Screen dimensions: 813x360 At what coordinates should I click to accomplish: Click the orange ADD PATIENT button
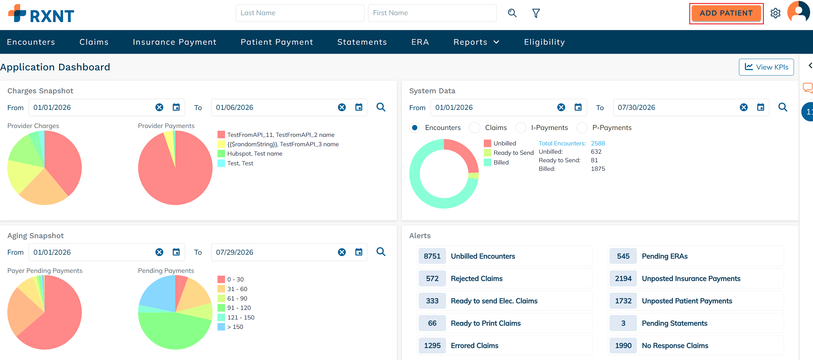click(x=726, y=13)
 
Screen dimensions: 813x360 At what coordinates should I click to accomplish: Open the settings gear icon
click(x=776, y=13)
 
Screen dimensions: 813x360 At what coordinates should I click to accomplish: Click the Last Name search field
click(x=300, y=13)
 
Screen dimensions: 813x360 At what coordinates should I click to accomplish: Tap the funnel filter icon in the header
click(x=536, y=13)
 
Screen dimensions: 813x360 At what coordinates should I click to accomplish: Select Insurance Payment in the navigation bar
click(x=175, y=42)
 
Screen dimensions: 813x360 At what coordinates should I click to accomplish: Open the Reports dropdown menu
click(x=476, y=42)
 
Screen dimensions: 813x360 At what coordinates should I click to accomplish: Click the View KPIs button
click(x=766, y=67)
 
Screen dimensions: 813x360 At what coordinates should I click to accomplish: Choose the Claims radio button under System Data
click(x=475, y=128)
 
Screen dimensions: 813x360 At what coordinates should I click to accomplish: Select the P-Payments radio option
click(x=582, y=128)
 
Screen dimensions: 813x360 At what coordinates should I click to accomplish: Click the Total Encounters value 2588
click(x=598, y=143)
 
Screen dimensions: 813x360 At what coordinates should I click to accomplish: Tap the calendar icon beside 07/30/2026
click(x=761, y=107)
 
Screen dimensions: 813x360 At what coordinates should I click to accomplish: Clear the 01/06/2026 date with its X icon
click(x=342, y=107)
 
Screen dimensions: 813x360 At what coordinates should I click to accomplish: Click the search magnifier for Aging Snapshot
click(x=381, y=252)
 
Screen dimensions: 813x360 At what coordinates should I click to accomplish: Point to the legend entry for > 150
click(x=231, y=327)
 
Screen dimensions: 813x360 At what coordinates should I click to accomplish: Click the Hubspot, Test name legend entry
click(x=250, y=154)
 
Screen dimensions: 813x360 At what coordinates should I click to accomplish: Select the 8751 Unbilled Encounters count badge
click(x=432, y=256)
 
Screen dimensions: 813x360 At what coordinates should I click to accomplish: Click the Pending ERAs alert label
click(x=664, y=256)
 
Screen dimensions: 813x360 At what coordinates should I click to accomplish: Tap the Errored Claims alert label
click(x=474, y=345)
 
